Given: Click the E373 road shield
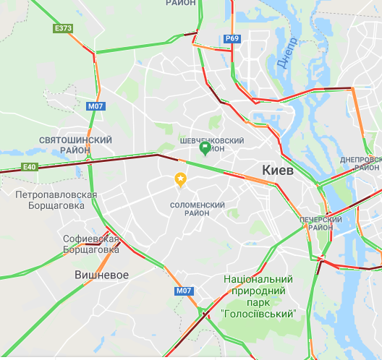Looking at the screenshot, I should click(64, 28).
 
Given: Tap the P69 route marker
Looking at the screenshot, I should click(232, 38).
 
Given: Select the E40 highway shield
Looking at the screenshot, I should click(29, 167).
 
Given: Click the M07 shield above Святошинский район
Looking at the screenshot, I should click(95, 106).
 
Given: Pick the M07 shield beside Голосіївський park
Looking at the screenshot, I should click(184, 291).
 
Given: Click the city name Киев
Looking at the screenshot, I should click(278, 171).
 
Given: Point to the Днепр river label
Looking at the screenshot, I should click(286, 53).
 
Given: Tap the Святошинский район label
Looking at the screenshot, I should click(76, 145).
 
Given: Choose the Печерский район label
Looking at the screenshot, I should click(321, 223).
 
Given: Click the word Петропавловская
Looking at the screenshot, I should click(56, 194).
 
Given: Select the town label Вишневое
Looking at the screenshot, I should click(102, 275).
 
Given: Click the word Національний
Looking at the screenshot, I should click(258, 279).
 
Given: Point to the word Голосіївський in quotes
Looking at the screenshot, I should click(259, 314).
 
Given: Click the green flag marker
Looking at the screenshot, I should click(205, 149).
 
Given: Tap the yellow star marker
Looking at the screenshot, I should click(180, 179).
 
